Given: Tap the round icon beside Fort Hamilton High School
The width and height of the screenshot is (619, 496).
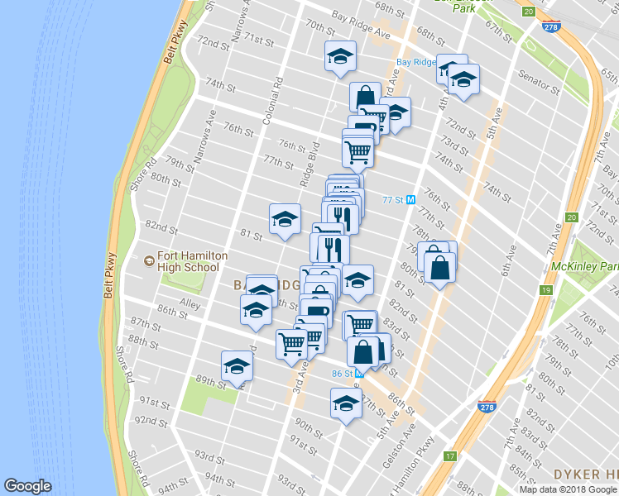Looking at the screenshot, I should coord(149,261).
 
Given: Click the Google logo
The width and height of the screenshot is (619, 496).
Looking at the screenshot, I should coord(28,487).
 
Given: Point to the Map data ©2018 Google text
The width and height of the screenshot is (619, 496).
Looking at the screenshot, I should coord(568,489).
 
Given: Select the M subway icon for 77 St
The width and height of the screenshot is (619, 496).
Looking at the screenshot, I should coord(411,200).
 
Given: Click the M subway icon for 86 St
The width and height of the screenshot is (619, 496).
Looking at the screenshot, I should coord(360,373).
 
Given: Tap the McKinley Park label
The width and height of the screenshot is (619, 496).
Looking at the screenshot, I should coord(585,267).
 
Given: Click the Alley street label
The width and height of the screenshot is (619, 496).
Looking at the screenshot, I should coord(190,305).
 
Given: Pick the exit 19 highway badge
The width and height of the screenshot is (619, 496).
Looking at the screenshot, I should coord(545,290).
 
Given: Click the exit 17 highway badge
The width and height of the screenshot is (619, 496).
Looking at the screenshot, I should coord(450,455).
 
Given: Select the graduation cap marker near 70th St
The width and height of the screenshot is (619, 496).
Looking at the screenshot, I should coord(340,57).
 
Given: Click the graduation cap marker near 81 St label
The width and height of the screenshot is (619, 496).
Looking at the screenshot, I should coord(285,219).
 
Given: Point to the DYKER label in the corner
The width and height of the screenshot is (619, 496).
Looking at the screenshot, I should coord(591,475).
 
